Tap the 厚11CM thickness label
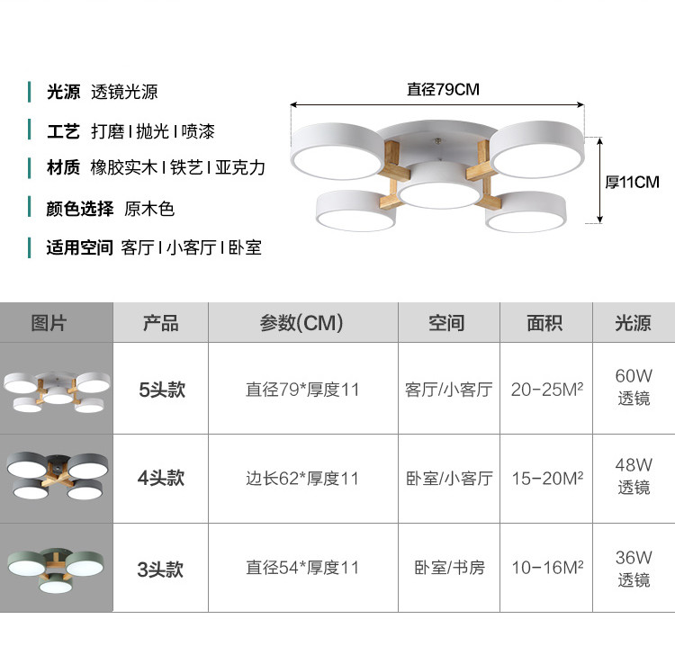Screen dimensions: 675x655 (x=632, y=183)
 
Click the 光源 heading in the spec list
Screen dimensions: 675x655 (x=64, y=92)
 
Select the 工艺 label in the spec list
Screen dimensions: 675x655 (x=64, y=131)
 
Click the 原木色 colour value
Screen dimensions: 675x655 (x=148, y=210)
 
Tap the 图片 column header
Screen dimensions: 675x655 (x=49, y=323)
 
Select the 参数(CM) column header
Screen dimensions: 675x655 (x=301, y=323)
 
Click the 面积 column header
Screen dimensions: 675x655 (x=544, y=323)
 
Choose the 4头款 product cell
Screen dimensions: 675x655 (x=160, y=479)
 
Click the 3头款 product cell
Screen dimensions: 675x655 (x=160, y=569)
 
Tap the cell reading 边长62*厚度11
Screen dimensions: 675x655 (x=302, y=479)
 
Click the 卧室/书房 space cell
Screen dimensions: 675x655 (x=449, y=568)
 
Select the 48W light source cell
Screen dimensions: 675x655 (x=634, y=476)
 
